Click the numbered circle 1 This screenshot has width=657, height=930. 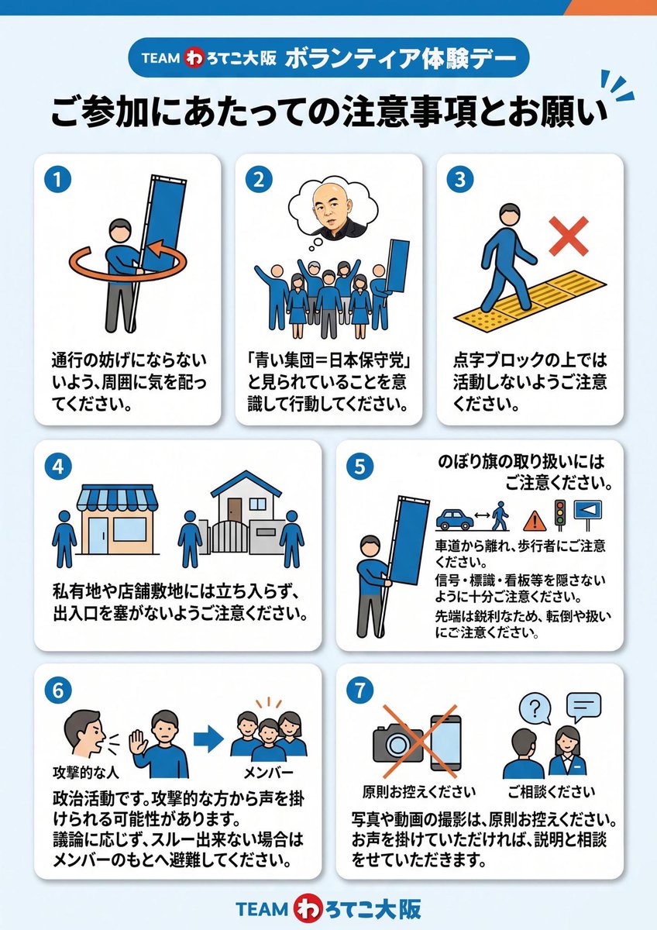(57, 180)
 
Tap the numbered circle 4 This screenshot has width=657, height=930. (57, 467)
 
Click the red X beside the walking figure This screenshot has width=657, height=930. (569, 236)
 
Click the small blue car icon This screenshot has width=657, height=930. (454, 519)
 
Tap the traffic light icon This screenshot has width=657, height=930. (560, 515)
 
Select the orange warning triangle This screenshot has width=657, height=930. (535, 521)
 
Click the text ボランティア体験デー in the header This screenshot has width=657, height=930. (401, 58)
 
